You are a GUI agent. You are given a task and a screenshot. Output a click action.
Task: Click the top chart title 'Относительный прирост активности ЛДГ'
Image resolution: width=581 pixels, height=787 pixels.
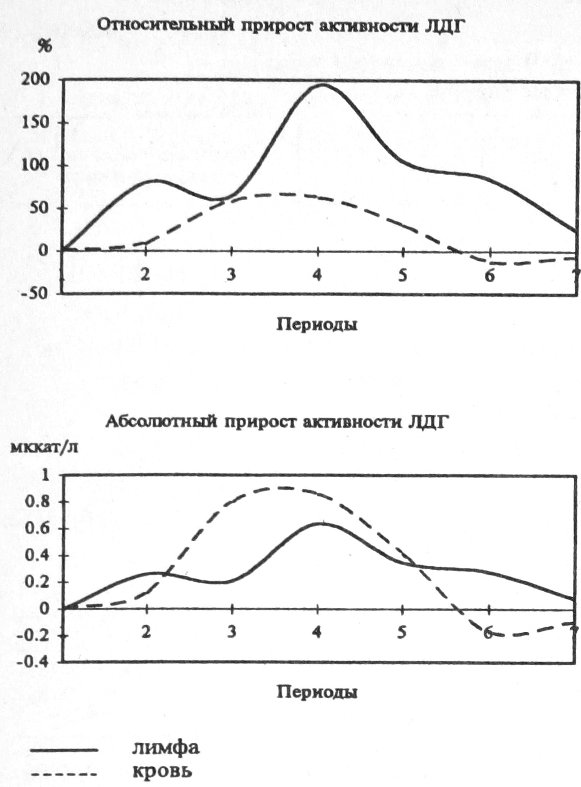click(x=278, y=26)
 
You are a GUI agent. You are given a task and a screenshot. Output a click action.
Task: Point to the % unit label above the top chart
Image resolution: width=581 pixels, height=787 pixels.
click(x=45, y=47)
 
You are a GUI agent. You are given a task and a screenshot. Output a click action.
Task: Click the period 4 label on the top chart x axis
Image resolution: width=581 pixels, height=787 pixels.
click(x=317, y=275)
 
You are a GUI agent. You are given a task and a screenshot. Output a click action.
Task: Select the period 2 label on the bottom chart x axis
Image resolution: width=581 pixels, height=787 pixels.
click(x=146, y=632)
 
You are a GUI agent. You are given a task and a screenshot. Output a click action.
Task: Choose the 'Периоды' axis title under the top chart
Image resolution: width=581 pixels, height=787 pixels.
click(x=317, y=325)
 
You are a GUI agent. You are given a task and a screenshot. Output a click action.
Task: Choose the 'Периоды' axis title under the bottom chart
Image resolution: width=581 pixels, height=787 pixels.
click(x=317, y=692)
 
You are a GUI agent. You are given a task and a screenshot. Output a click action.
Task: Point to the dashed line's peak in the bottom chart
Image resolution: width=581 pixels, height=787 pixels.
click(x=278, y=488)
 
